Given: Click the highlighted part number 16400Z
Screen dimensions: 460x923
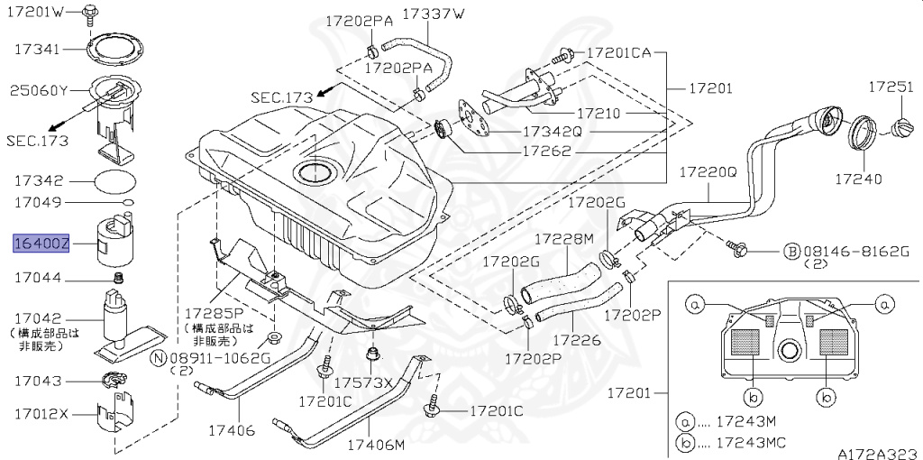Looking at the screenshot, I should (x=40, y=244).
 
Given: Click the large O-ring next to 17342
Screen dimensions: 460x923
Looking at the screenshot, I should (x=116, y=180).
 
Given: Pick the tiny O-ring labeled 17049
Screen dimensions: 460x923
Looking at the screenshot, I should (x=129, y=200).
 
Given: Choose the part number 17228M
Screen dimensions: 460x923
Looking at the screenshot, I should (x=563, y=239).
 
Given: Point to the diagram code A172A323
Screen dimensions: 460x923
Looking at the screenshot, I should (x=879, y=452).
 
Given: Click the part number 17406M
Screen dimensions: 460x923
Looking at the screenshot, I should (x=376, y=446).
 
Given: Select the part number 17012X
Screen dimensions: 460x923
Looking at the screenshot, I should (x=41, y=414).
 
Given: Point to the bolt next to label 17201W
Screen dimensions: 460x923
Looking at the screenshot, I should (x=91, y=12).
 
